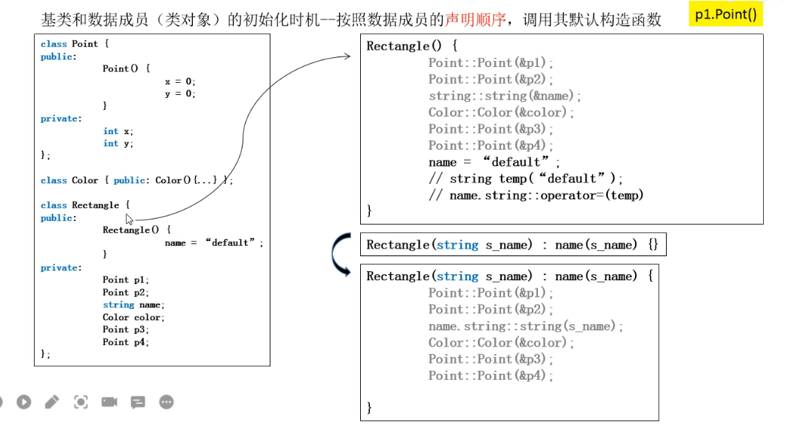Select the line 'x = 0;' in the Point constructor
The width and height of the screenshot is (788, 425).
[x=180, y=81]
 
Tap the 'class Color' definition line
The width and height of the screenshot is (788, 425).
[x=136, y=180]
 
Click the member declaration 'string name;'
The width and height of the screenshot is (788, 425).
[x=133, y=304]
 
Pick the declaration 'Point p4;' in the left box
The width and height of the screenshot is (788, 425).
[x=126, y=342]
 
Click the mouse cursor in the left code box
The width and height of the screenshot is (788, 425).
[x=130, y=219]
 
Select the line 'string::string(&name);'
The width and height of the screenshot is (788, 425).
[x=505, y=96]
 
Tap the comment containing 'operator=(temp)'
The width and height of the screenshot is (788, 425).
[x=536, y=195]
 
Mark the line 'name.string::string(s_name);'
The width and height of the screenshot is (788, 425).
[x=527, y=326]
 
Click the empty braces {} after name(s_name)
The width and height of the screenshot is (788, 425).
[x=652, y=245]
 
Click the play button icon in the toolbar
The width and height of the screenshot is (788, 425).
[x=24, y=402]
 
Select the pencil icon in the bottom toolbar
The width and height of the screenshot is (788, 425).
[x=52, y=402]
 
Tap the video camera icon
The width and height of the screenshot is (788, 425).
[x=109, y=402]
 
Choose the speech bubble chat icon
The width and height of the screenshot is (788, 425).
[x=138, y=402]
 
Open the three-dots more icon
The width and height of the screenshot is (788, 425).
[x=166, y=402]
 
